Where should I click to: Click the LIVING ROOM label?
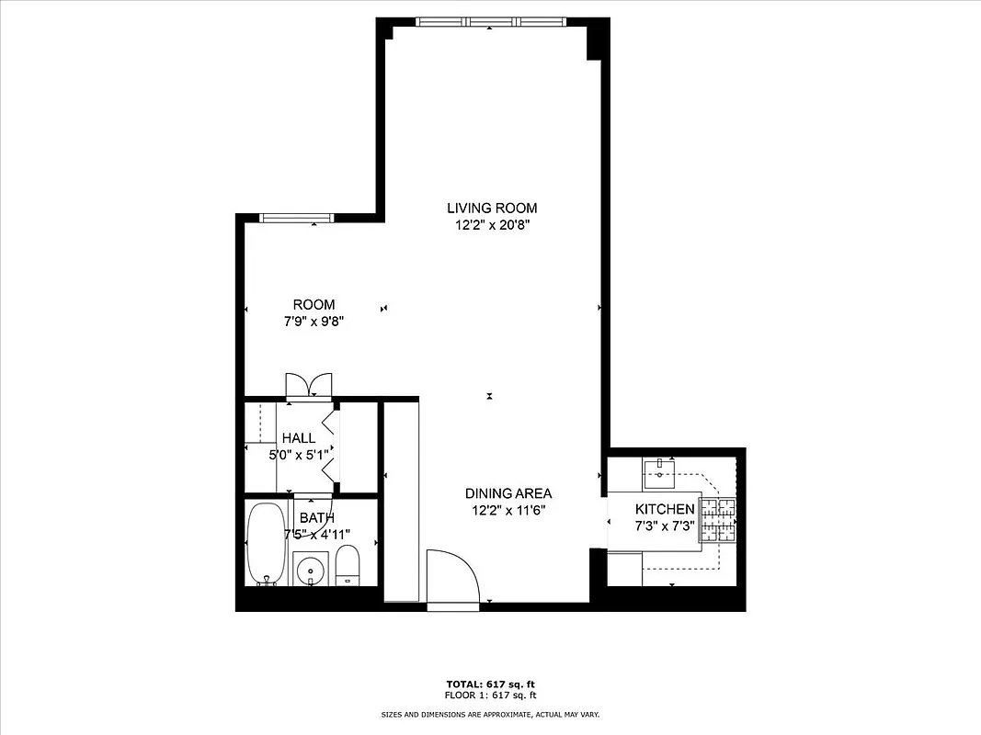(x=492, y=209)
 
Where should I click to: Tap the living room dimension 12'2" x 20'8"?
(x=492, y=225)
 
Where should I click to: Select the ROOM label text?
(x=314, y=305)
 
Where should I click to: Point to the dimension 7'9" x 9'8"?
(x=314, y=322)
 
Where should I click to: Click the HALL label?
(x=299, y=438)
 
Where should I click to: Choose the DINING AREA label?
(x=508, y=493)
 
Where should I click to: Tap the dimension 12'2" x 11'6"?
(x=508, y=510)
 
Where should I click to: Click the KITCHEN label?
(x=665, y=509)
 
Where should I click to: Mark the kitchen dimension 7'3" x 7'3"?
(x=665, y=526)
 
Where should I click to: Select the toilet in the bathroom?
(x=348, y=564)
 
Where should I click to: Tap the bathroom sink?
(x=312, y=570)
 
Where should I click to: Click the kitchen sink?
(x=659, y=475)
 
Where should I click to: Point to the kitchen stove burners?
(x=720, y=519)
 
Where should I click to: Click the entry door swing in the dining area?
(x=452, y=578)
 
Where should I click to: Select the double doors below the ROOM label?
(x=308, y=385)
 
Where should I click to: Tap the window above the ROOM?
(x=295, y=218)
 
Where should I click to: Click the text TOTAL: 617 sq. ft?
(x=490, y=684)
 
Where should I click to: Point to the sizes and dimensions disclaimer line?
(x=490, y=714)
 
